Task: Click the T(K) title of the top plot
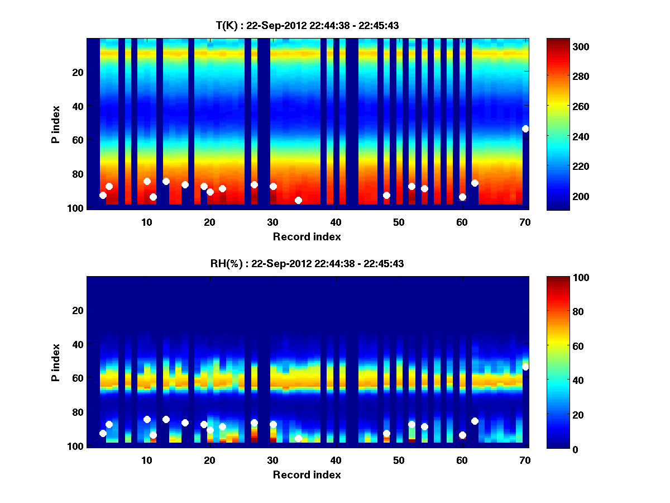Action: tap(307, 25)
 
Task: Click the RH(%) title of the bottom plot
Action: tap(307, 263)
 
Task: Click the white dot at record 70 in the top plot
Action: tap(525, 129)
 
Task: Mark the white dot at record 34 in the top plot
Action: tap(298, 200)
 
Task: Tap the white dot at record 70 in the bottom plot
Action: tap(525, 367)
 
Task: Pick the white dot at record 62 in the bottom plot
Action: tap(475, 421)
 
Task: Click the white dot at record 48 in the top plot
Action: tap(386, 195)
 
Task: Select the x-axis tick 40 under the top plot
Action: tap(336, 221)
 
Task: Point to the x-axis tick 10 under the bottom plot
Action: tap(146, 460)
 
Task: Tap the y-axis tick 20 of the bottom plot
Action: tap(78, 310)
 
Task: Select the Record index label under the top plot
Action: tap(307, 236)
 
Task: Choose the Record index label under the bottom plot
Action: tap(307, 474)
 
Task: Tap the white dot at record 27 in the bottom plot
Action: tap(254, 423)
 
